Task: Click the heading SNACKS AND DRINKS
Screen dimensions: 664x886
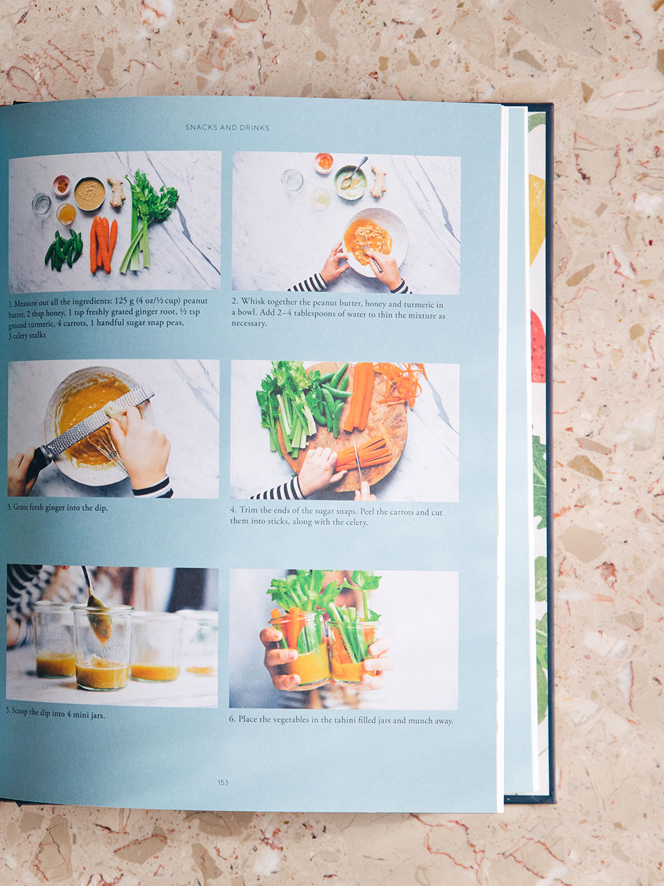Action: pos(228,127)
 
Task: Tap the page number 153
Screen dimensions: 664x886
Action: pos(223,783)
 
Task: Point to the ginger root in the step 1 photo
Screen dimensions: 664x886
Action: pos(116,192)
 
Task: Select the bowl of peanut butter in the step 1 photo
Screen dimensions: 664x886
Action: pos(89,193)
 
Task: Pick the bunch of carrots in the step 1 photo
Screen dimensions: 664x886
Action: pos(103,244)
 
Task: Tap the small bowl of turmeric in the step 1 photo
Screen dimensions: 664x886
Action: pos(62,186)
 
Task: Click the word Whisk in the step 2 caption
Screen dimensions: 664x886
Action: pos(253,302)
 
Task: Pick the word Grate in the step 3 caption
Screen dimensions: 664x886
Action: pos(21,507)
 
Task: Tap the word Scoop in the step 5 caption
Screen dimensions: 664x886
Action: pos(20,711)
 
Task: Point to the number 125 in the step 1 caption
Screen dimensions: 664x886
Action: pos(121,301)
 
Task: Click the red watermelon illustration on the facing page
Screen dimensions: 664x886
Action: pos(537,346)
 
